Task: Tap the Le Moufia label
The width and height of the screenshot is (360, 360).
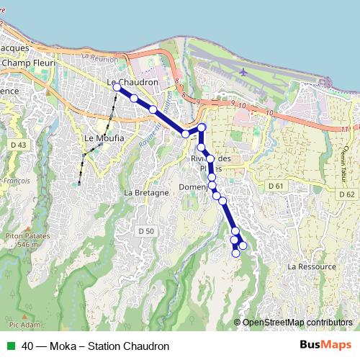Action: (x=104, y=138)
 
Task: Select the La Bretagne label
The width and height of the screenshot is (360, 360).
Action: (x=146, y=193)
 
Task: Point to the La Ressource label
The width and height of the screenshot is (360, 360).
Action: (x=311, y=266)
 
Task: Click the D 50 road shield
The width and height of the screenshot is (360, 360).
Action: (x=145, y=230)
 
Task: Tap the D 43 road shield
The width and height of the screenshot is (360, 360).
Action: (x=19, y=145)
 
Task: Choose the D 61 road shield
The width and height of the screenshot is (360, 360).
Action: (x=276, y=186)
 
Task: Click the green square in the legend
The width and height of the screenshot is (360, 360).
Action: (x=10, y=346)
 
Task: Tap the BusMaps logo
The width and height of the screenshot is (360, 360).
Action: (x=326, y=346)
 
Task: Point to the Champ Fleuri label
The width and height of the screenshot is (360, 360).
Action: (x=26, y=63)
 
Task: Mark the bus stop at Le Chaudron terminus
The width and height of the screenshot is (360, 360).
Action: (x=117, y=86)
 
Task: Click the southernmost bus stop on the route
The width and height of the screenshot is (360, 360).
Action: (x=235, y=253)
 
